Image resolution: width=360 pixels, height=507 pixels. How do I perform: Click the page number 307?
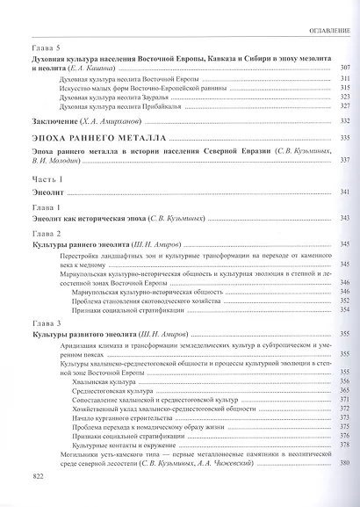click(345, 69)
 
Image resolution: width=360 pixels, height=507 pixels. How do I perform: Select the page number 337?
click(345, 160)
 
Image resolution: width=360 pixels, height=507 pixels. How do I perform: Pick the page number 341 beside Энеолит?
click(345, 192)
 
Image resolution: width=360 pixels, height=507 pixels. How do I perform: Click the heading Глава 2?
click(45, 233)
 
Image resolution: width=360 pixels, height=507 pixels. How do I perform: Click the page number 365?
click(345, 391)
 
